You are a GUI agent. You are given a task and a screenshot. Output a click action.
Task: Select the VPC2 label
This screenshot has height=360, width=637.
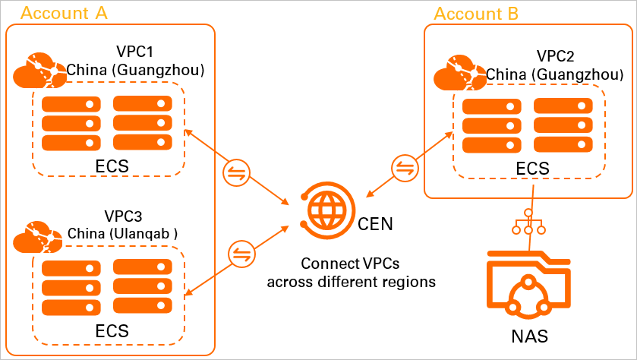tap(554, 57)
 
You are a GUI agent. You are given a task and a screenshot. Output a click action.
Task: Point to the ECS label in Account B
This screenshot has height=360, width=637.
tap(531, 169)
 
